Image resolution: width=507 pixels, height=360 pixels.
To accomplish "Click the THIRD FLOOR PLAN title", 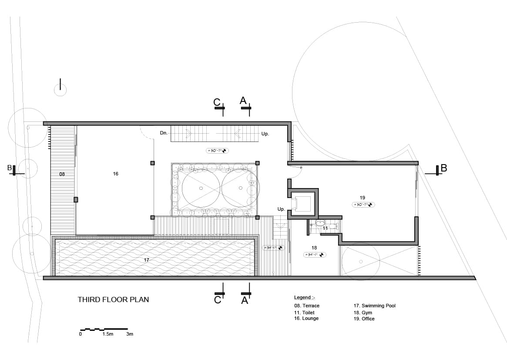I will pos(113,299).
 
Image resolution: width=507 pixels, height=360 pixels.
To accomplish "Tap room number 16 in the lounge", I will pos(115,174).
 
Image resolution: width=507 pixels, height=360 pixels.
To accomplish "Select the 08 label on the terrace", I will pos(62,174).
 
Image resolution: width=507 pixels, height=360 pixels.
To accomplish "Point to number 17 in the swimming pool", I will pos(146,260).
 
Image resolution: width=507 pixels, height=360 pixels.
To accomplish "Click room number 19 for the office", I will pos(363,198).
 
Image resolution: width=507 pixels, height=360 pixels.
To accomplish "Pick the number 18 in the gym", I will pos(315,248).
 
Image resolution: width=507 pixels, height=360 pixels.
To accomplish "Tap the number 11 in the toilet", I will pos(325,228).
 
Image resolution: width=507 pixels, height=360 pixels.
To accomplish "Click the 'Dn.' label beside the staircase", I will pos(164,133).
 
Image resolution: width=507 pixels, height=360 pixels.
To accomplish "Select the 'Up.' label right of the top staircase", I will pos(265,134).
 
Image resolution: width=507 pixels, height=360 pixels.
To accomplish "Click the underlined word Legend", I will pos(302,297).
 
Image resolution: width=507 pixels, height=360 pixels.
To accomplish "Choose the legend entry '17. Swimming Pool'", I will pos(374,306).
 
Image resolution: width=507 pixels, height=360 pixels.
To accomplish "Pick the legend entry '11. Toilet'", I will pos(304,313).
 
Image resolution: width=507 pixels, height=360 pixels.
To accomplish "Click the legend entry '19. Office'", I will pos(364,319).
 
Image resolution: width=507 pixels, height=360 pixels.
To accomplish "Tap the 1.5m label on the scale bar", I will pos(107,334).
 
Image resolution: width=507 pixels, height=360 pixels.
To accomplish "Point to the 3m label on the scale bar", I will pos(129,334).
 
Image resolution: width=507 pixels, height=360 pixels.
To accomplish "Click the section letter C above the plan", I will pos(217,102).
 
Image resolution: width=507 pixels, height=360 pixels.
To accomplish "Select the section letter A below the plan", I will pos(245,300).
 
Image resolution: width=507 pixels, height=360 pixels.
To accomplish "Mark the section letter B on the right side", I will pos(443,168).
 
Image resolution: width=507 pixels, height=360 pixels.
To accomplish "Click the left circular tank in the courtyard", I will pos(201,188).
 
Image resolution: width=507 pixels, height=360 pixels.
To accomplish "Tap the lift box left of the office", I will pos(302,204).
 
